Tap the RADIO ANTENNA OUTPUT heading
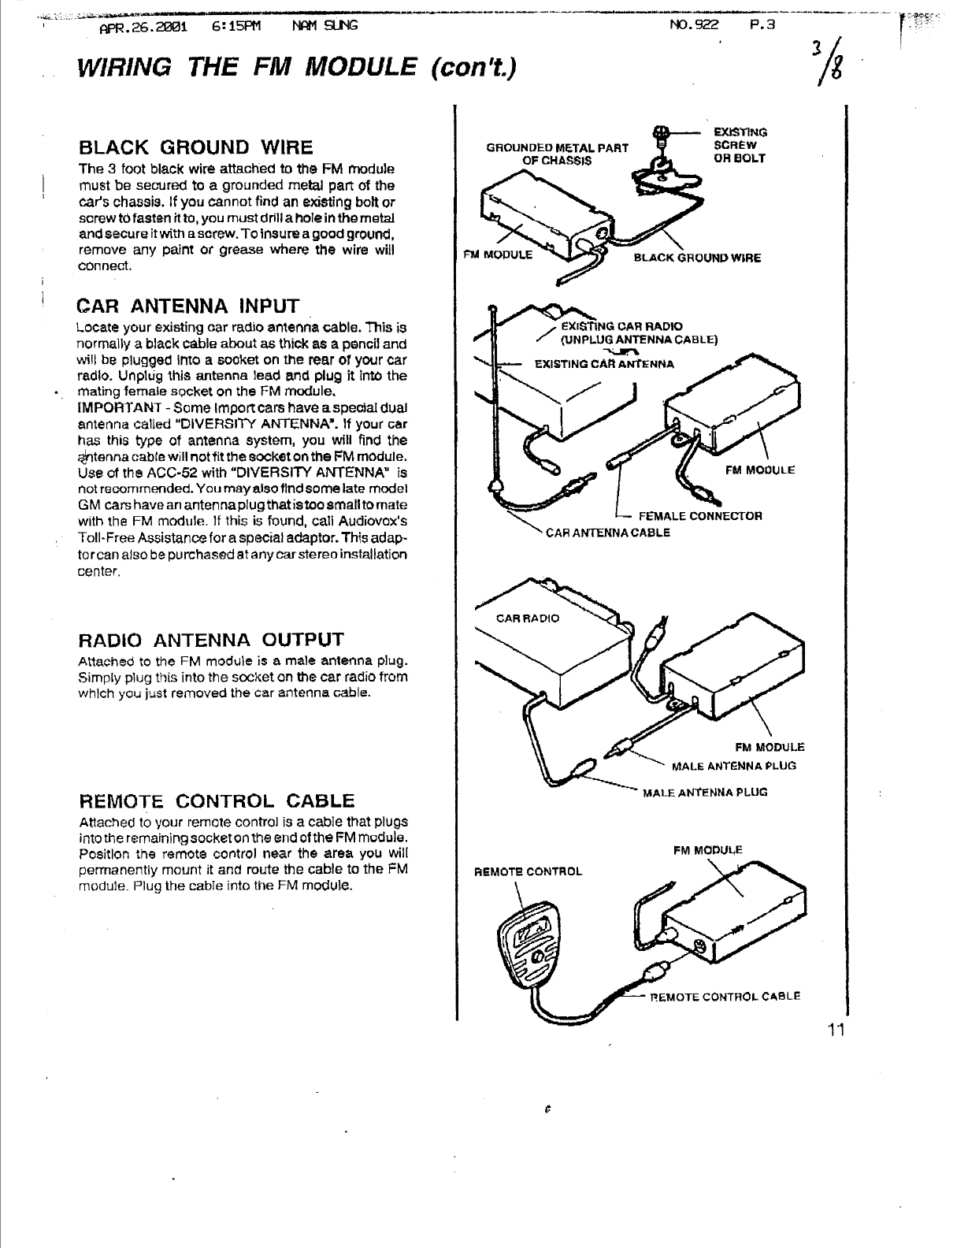coord(211,638)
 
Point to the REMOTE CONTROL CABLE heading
coord(217,802)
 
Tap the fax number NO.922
coord(694,24)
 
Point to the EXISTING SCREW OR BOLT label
coord(740,145)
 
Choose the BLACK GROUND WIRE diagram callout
coord(697,258)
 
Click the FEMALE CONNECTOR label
coord(699,517)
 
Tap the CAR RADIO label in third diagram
coord(527,618)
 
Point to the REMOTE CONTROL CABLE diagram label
coord(725,996)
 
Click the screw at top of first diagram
coord(663,133)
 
